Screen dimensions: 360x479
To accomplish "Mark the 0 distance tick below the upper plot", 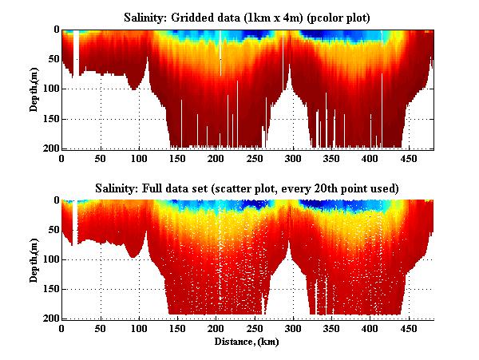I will tap(61, 159).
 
